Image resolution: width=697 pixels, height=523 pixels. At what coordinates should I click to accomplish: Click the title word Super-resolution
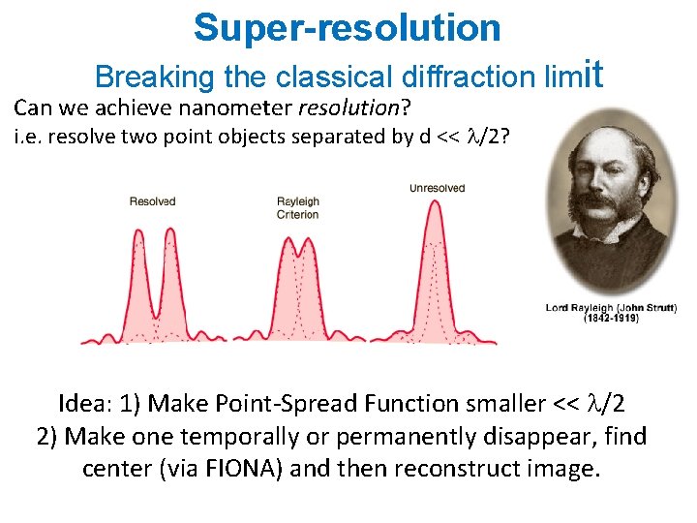pos(348,28)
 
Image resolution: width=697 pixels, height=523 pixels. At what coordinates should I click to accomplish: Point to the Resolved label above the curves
pos(152,201)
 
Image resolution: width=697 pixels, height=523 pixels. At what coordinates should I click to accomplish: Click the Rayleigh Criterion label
pos(298,208)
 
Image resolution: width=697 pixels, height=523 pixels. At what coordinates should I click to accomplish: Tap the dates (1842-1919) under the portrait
pos(610,319)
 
